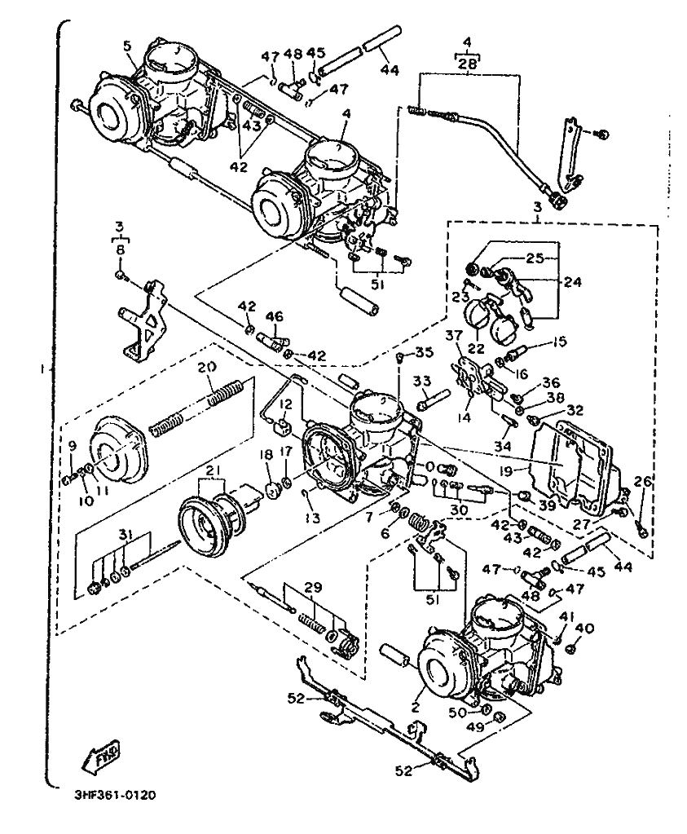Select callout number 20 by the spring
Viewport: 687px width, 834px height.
[x=208, y=368]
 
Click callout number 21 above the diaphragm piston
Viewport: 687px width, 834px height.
[x=214, y=472]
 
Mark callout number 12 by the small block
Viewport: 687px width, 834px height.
[x=285, y=405]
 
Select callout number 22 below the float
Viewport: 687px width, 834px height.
[x=474, y=348]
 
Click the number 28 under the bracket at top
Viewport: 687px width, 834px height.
[x=466, y=64]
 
